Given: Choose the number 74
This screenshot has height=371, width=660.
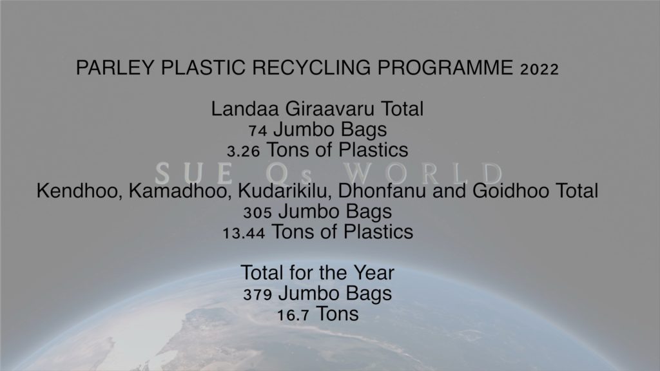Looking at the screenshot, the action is pyautogui.click(x=258, y=131).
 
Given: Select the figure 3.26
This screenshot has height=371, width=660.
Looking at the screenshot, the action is pyautogui.click(x=243, y=151).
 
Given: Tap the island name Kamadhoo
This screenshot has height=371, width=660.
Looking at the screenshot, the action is pyautogui.click(x=180, y=191).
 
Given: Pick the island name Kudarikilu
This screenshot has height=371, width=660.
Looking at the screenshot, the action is pyautogui.click(x=284, y=191).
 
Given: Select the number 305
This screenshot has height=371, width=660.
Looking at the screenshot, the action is pyautogui.click(x=257, y=213).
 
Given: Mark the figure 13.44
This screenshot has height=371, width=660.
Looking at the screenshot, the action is pyautogui.click(x=244, y=233).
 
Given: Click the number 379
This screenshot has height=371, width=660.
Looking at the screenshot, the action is pyautogui.click(x=257, y=295).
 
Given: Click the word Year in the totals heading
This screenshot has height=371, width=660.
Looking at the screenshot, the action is pyautogui.click(x=374, y=272).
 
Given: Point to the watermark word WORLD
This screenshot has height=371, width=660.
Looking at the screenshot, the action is pyautogui.click(x=423, y=173).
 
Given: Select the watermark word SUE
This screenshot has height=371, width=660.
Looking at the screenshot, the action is pyautogui.click(x=193, y=173).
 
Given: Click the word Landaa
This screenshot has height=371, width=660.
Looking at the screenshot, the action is pyautogui.click(x=245, y=109).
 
